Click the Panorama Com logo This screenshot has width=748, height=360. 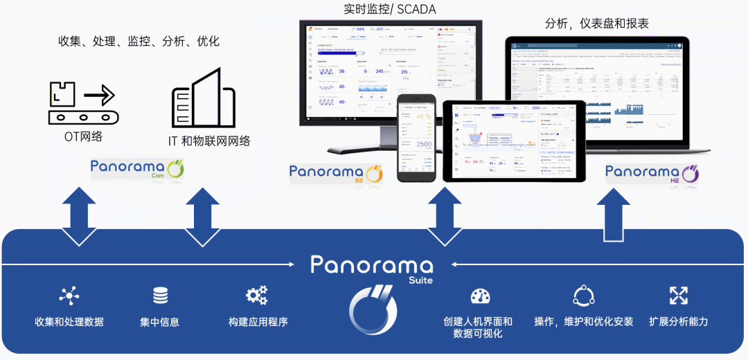pyautogui.click(x=136, y=168)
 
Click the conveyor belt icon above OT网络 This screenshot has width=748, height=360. pyautogui.click(x=82, y=102)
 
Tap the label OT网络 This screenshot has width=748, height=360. pyautogui.click(x=83, y=136)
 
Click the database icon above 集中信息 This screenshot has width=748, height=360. pyautogui.click(x=160, y=296)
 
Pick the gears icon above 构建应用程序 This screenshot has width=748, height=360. pyautogui.click(x=257, y=296)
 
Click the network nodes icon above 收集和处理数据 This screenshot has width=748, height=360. pyautogui.click(x=69, y=296)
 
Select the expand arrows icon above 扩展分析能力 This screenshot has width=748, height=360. pyautogui.click(x=678, y=296)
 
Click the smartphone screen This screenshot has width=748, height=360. pyautogui.click(x=416, y=138)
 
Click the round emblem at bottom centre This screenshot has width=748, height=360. pyautogui.click(x=373, y=309)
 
